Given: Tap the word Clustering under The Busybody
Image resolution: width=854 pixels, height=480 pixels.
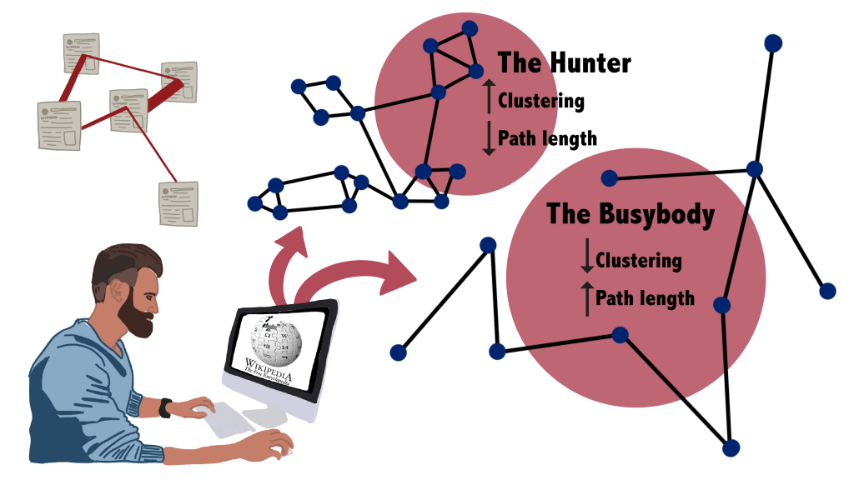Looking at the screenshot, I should click(639, 261).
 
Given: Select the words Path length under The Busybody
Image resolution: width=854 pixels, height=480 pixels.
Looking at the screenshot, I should click(645, 297).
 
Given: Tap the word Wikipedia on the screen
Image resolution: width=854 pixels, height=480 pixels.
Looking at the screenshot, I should click(269, 367).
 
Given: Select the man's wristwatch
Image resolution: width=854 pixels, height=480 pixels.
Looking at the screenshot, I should click(167, 408).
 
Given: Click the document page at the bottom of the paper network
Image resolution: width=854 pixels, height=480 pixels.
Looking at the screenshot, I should click(178, 204).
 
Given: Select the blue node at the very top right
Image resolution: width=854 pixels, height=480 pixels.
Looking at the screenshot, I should click(773, 43).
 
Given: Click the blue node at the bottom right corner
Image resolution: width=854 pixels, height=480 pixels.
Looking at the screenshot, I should click(731, 448).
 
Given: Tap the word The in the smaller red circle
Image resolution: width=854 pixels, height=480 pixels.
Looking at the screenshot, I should click(520, 63).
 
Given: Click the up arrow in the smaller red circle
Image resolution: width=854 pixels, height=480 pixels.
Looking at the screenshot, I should click(490, 93).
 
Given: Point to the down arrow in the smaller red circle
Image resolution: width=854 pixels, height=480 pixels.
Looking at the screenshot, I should click(490, 140).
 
